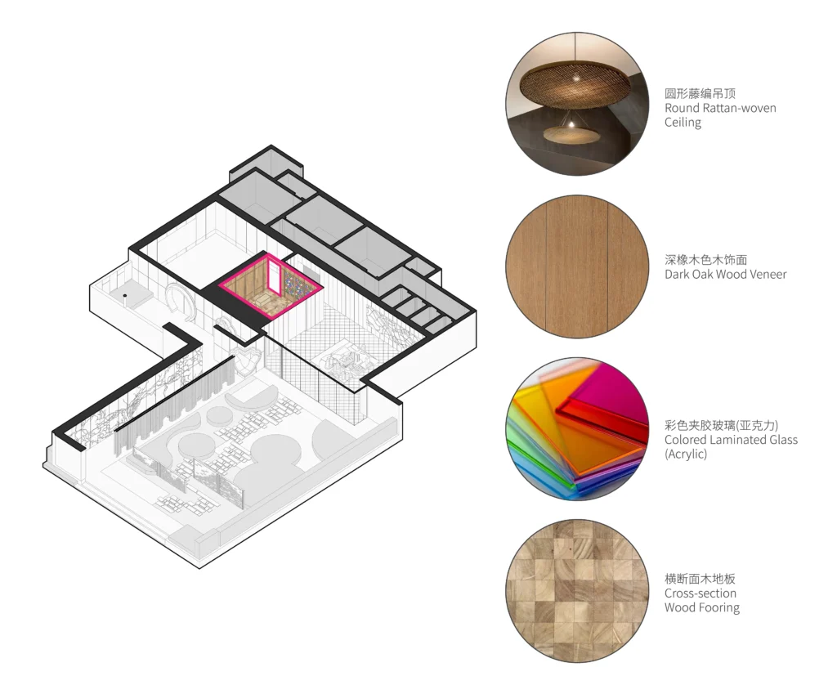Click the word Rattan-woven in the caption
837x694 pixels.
739,108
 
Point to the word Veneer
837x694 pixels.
766,275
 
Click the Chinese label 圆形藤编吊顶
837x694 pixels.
700,93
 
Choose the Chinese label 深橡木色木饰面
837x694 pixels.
705,259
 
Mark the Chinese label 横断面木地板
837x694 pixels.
700,579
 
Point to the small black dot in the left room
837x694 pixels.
125,296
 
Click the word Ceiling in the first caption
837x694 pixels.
683,122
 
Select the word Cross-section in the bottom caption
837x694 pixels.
700,593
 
